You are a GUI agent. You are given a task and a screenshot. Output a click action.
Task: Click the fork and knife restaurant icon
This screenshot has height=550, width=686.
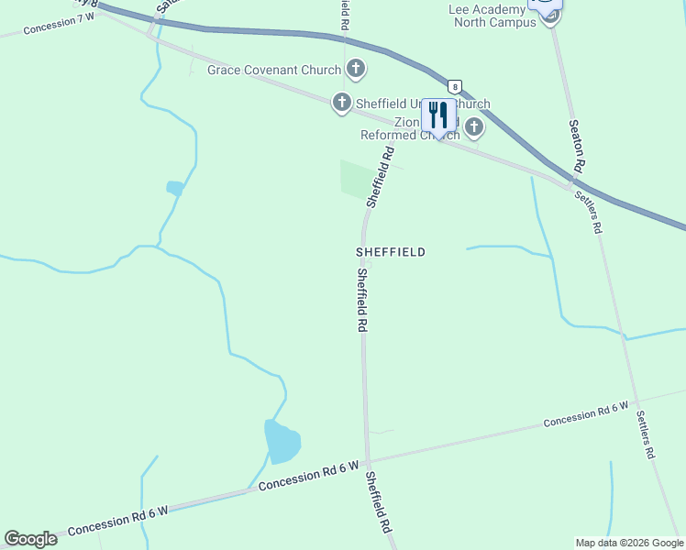(x=438, y=115)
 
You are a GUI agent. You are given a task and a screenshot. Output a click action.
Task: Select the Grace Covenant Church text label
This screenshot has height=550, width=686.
(x=274, y=70)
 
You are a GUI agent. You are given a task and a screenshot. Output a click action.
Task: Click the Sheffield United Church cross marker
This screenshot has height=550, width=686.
(x=342, y=103)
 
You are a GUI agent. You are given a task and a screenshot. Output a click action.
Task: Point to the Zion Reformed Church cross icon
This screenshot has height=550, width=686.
(x=474, y=127)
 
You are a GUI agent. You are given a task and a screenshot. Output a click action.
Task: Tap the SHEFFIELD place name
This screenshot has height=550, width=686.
(x=391, y=251)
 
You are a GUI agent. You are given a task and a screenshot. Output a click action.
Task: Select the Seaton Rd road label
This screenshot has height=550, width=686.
(x=576, y=147)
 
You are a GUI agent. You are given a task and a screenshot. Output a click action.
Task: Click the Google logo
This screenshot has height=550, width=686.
(x=30, y=539)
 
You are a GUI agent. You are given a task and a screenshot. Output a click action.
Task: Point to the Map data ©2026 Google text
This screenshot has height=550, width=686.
(x=629, y=543)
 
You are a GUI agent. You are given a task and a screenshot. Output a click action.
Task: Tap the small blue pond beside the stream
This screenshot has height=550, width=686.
(x=174, y=188)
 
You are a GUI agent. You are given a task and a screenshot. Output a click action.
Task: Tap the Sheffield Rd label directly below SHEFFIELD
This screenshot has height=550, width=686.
(x=362, y=300)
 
